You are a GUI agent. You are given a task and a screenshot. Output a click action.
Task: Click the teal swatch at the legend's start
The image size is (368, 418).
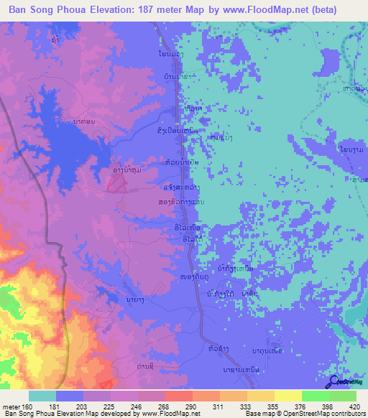[x=42, y=396]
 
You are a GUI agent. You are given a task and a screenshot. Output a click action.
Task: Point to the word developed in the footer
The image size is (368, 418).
[x=116, y=414]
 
